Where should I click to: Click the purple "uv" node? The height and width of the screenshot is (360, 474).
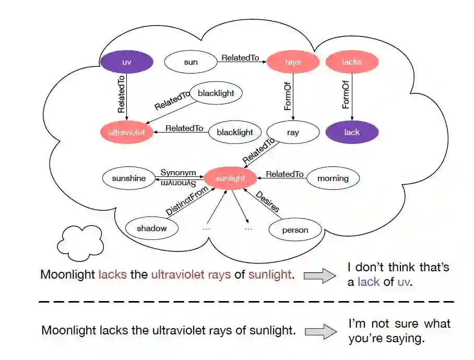(127, 63)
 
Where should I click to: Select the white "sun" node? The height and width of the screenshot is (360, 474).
(191, 63)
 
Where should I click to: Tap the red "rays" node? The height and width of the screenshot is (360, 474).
(293, 62)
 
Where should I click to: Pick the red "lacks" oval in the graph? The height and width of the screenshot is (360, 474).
(352, 62)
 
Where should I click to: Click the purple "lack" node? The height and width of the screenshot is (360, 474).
(352, 133)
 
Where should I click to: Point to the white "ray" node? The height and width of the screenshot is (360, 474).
(293, 133)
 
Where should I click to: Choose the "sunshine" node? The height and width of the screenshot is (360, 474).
(129, 178)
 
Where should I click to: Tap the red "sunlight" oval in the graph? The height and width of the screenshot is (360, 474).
(230, 178)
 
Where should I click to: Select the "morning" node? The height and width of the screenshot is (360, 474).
(333, 178)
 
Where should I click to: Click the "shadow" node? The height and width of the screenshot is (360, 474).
(152, 229)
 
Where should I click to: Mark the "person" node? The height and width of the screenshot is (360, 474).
(295, 230)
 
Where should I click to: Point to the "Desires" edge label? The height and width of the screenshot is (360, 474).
(267, 201)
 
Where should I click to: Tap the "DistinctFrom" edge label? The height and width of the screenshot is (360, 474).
(187, 201)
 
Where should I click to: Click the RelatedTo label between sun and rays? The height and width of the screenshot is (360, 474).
(240, 58)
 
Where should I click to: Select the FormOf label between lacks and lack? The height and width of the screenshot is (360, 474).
(346, 94)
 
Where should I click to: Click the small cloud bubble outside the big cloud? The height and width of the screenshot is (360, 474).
(80, 243)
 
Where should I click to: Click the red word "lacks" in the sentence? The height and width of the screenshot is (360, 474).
(112, 274)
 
